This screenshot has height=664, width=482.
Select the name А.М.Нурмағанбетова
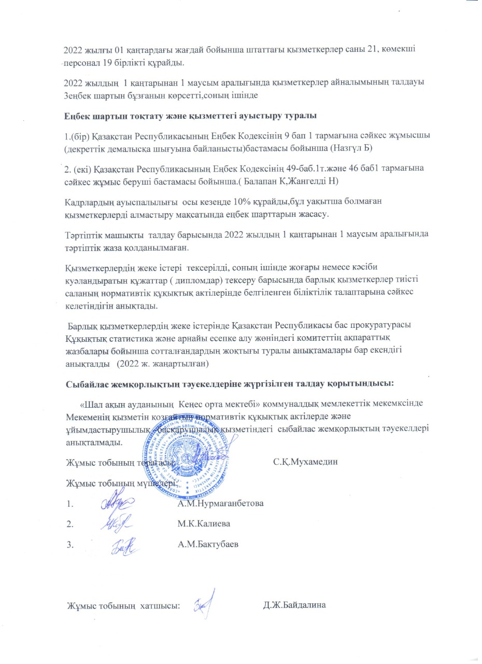pos(220,503)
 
